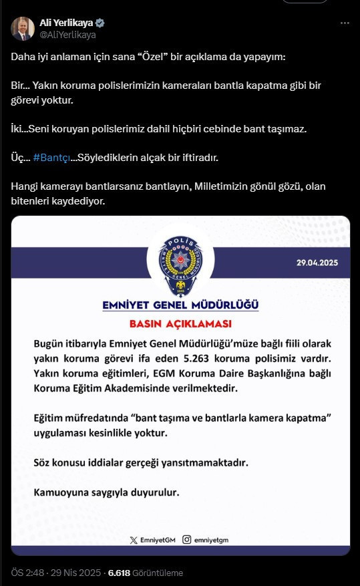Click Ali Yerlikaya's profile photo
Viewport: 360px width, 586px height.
[x=22, y=28]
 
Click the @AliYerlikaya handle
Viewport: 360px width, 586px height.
[x=67, y=34]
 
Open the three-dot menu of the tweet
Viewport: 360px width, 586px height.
[x=345, y=23]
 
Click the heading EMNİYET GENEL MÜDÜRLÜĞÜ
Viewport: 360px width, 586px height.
[x=180, y=305]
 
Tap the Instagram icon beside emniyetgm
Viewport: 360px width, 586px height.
[x=188, y=539]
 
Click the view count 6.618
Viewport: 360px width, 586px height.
[x=119, y=573]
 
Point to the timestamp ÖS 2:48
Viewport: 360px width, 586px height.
[x=27, y=573]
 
